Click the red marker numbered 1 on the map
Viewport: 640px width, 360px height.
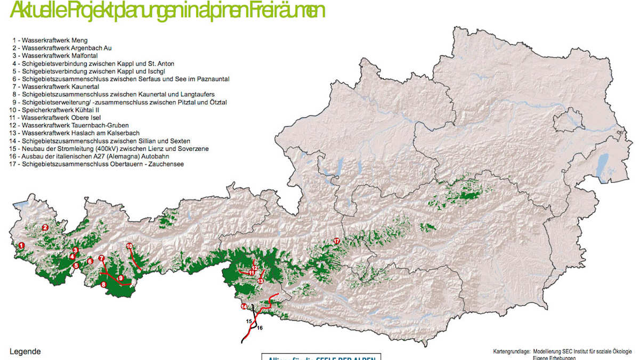(x=21, y=246)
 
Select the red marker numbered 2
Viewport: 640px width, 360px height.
(x=45, y=227)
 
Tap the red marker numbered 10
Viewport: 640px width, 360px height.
(x=129, y=246)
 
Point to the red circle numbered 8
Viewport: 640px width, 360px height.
(x=104, y=284)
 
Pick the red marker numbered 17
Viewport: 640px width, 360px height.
(x=336, y=241)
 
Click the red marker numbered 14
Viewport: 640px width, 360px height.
(x=244, y=307)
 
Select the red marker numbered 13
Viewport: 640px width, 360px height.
(x=260, y=281)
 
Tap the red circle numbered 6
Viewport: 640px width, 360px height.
(x=90, y=261)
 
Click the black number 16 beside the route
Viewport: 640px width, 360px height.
(x=260, y=328)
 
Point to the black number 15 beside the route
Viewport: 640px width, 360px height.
(x=249, y=321)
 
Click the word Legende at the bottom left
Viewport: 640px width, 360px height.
(x=25, y=352)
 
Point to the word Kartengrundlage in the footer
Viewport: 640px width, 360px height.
(x=511, y=351)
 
